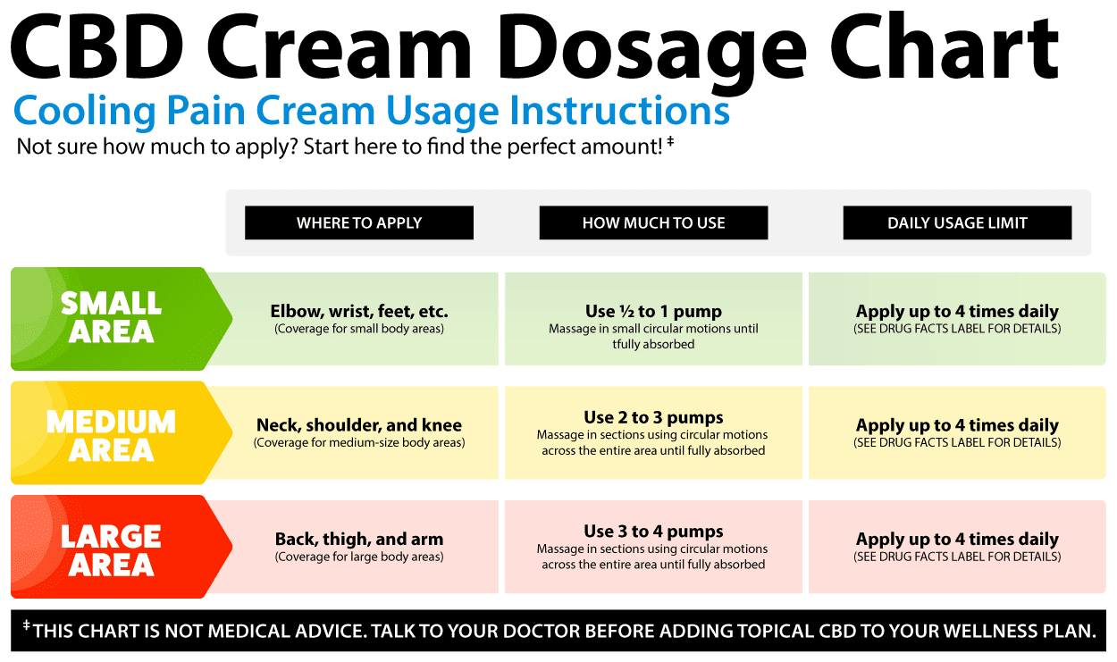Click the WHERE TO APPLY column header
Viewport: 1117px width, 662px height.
coord(359,222)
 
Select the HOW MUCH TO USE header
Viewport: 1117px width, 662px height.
coord(653,222)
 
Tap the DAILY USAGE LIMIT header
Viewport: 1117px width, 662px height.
coord(957,222)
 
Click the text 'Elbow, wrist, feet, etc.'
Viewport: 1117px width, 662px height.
coord(359,312)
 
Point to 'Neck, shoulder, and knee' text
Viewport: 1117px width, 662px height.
coord(359,425)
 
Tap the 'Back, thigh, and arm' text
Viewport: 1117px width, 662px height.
coord(359,539)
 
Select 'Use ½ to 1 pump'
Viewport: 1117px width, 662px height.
coord(653,312)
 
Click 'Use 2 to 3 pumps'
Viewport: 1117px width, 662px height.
coord(653,417)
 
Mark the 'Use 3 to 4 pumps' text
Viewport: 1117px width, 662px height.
coord(653,532)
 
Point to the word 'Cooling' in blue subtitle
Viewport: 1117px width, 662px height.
coord(85,111)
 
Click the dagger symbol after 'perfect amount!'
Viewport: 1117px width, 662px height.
coord(670,141)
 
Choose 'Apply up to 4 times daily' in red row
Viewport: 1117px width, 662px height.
coord(957,539)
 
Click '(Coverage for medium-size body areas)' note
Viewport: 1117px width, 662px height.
coord(359,442)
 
